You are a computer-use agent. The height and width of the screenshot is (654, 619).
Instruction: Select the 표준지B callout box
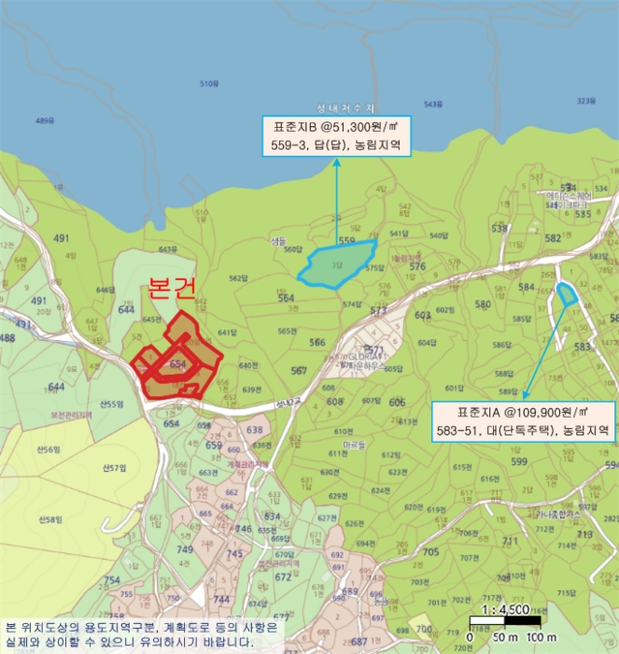click(336, 135)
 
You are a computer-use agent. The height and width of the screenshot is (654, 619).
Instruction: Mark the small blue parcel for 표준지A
click(567, 294)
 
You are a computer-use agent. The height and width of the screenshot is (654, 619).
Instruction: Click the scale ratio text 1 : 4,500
click(507, 610)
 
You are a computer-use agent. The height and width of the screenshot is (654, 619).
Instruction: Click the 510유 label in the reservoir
click(208, 84)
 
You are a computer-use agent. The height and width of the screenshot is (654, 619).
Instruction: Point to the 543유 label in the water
click(432, 104)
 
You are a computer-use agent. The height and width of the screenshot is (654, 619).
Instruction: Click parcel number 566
click(317, 343)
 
